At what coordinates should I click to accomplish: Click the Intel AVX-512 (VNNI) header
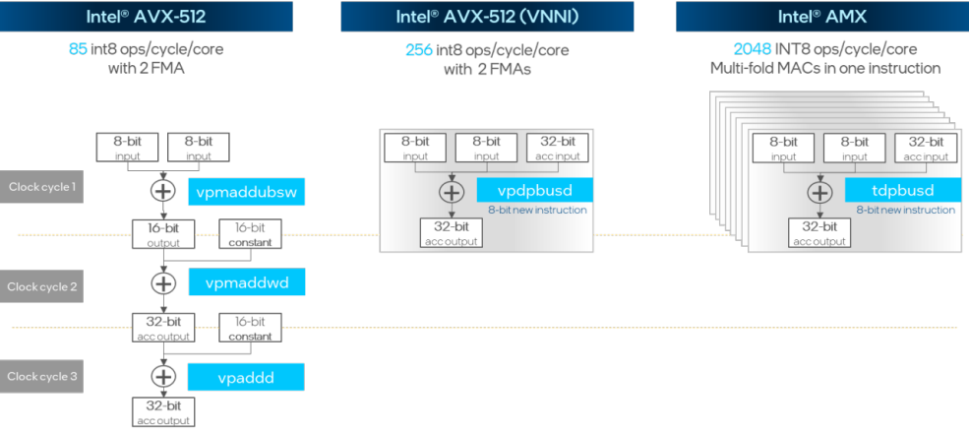tap(486, 16)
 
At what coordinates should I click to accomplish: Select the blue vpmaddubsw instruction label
tap(246, 192)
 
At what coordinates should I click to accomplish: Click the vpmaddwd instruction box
tap(246, 282)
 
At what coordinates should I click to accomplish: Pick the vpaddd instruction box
tap(246, 376)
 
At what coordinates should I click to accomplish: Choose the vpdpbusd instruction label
tap(536, 191)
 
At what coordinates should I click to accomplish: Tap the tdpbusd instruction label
tap(903, 190)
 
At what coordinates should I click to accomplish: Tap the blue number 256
tap(419, 49)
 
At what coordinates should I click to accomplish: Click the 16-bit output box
tap(162, 234)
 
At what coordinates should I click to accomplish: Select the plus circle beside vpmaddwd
tap(162, 283)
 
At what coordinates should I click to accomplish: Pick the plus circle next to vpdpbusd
tap(451, 192)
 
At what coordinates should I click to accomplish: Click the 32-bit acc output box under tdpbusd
tap(818, 232)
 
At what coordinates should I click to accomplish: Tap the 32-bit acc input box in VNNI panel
tap(558, 149)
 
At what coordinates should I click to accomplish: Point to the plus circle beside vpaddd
tap(162, 376)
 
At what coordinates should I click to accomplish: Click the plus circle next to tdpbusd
tap(818, 192)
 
